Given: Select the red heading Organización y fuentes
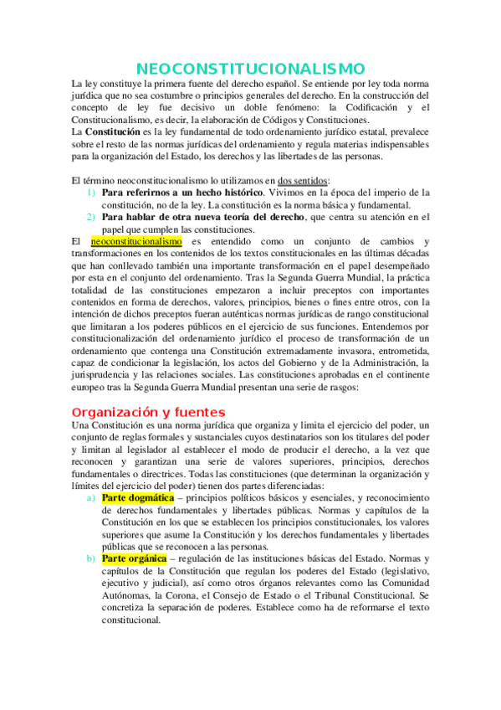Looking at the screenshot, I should (x=148, y=412).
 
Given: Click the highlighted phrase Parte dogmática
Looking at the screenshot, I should (x=138, y=497).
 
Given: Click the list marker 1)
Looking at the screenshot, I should (x=92, y=193).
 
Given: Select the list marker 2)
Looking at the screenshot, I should (x=92, y=218).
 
